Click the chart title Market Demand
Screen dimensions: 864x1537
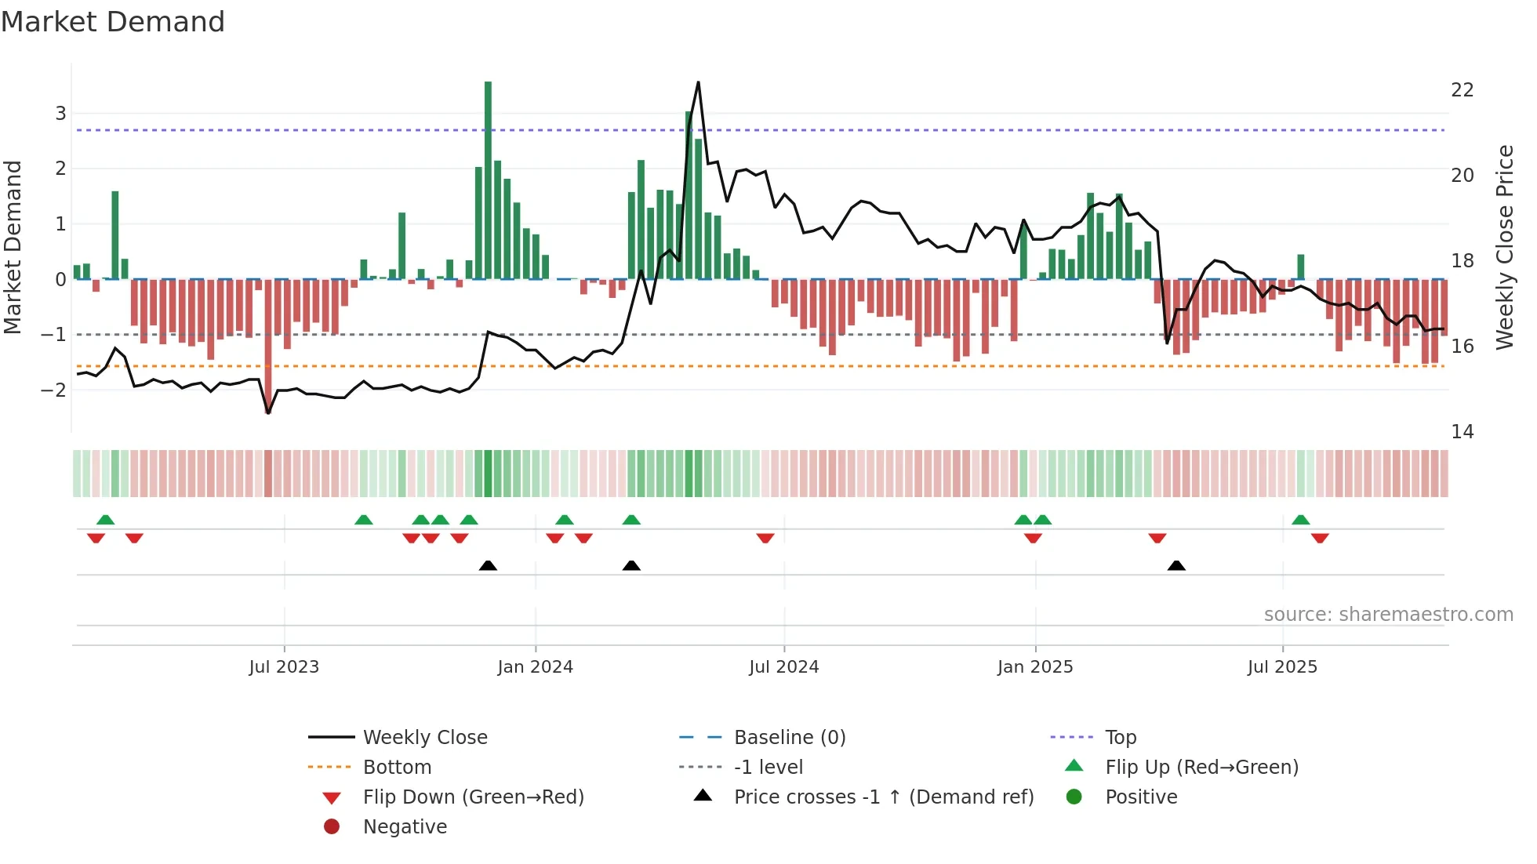click(113, 22)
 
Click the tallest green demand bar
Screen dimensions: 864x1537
click(488, 180)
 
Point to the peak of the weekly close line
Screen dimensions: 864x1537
click(698, 82)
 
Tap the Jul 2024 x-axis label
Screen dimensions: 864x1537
click(783, 667)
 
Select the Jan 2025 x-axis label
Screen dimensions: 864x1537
click(1035, 667)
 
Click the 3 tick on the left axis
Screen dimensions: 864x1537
click(60, 114)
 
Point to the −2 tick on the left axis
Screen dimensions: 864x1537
click(54, 390)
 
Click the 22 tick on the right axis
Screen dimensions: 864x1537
click(1462, 90)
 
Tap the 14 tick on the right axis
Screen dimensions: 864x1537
click(1462, 432)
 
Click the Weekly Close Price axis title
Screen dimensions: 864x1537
click(1504, 247)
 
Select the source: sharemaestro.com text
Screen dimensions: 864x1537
click(1388, 615)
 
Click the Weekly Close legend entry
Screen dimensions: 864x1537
click(424, 738)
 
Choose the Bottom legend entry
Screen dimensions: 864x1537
click(397, 768)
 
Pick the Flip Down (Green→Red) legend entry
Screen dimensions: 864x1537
click(473, 797)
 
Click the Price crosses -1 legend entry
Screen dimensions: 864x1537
click(883, 797)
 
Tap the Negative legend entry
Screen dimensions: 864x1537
click(405, 827)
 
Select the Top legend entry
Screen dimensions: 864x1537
click(1120, 738)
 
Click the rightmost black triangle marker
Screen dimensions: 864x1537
click(1176, 566)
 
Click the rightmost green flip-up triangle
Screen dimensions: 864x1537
click(1300, 520)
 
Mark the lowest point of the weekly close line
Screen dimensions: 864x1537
click(268, 412)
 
